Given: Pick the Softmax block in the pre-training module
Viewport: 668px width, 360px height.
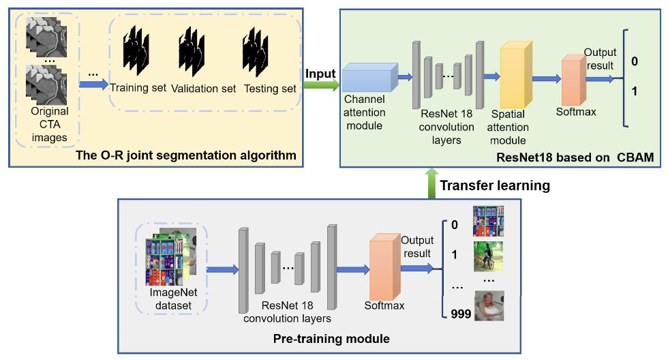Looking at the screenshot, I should pyautogui.click(x=384, y=269).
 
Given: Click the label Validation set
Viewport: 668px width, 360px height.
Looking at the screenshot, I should pyautogui.click(x=204, y=89).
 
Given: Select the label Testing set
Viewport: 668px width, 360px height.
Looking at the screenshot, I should pyautogui.click(x=270, y=89).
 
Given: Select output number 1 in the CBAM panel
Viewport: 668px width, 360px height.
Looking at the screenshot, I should pyautogui.click(x=634, y=91).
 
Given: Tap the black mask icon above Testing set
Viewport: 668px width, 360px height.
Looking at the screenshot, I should pyautogui.click(x=256, y=57).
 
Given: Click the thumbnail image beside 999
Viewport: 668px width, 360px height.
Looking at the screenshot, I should pyautogui.click(x=489, y=306).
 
